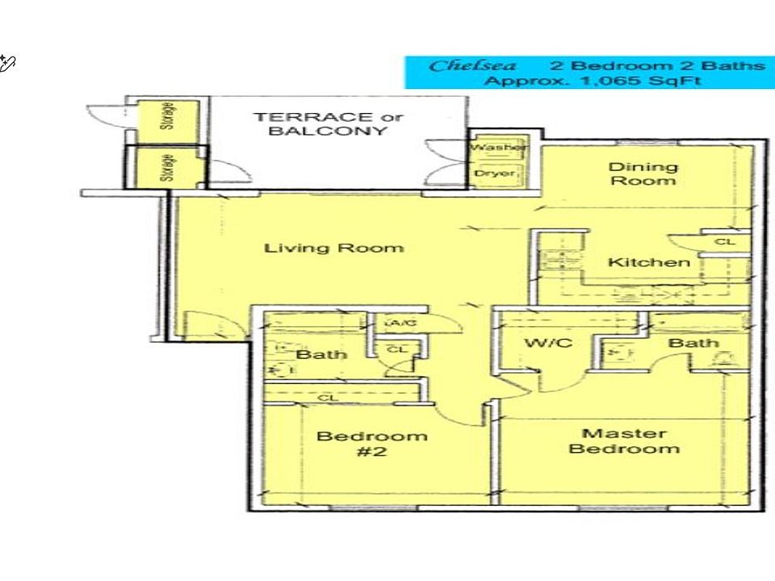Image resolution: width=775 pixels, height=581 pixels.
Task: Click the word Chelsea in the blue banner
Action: click(x=472, y=65)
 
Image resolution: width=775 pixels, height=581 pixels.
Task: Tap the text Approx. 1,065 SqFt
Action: click(x=592, y=81)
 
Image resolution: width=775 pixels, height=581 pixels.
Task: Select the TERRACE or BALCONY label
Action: click(x=327, y=123)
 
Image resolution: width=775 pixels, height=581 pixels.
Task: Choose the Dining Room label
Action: click(x=643, y=173)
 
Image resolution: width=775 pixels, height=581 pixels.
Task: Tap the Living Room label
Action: click(x=333, y=248)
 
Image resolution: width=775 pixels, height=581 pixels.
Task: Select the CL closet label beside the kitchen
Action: click(x=724, y=241)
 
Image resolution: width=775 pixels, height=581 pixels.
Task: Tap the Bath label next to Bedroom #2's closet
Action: click(x=320, y=354)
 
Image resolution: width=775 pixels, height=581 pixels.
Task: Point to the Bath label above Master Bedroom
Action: click(x=694, y=343)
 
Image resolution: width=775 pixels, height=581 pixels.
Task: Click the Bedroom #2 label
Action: click(x=371, y=444)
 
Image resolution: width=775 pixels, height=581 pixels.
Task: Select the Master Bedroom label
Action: click(x=623, y=441)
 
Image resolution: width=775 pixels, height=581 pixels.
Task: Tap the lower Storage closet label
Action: click(x=169, y=168)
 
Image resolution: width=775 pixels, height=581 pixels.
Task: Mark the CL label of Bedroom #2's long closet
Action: click(x=327, y=398)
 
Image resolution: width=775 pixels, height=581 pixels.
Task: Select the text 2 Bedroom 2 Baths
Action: click(x=656, y=65)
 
